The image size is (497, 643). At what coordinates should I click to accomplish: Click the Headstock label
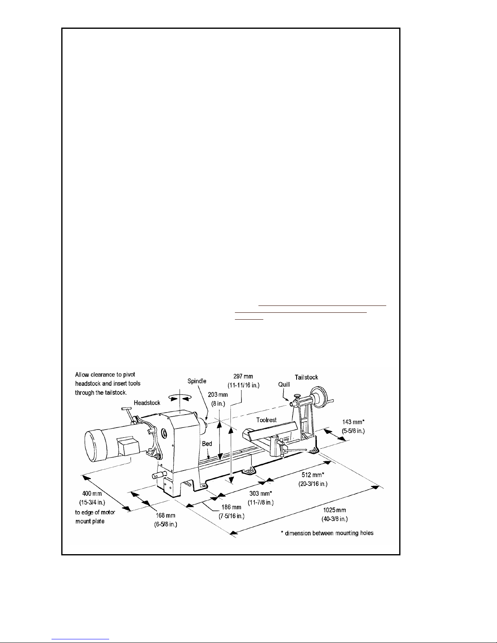point(147,403)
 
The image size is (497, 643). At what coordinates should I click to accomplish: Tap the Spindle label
point(197,381)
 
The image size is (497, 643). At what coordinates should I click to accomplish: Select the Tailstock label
point(306,377)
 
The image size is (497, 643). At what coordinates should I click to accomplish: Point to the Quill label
point(284,384)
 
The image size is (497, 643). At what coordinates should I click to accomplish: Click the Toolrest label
point(267,420)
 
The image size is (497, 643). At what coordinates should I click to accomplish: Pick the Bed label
point(207,444)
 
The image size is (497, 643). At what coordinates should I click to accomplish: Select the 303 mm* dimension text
point(260,494)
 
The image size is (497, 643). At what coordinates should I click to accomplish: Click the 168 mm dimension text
point(166,516)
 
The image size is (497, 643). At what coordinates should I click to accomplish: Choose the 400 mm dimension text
point(92,494)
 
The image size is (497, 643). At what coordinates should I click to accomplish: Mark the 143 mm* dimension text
point(353,422)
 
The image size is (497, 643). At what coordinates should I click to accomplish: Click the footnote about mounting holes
point(327,533)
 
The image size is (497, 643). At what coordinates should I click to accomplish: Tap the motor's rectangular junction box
point(128,446)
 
